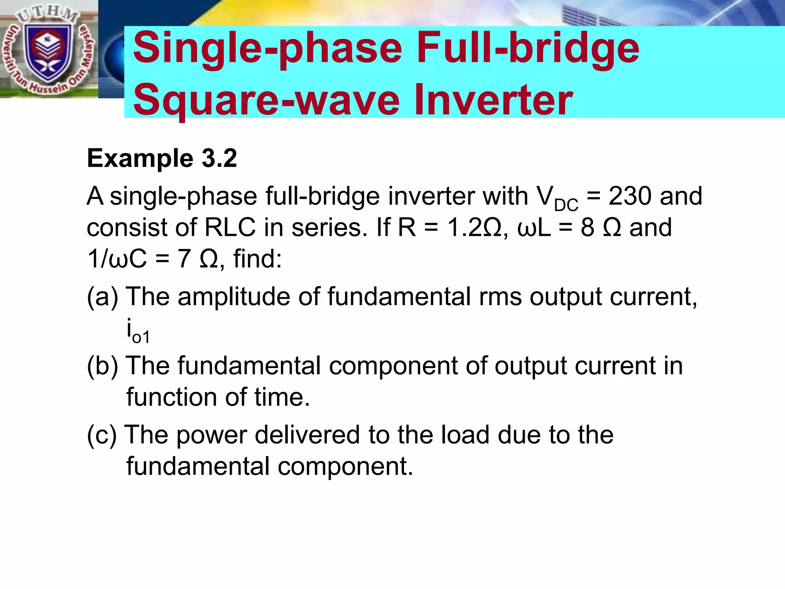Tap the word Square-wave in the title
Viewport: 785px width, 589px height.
pos(267,100)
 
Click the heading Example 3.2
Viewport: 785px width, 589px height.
pos(162,158)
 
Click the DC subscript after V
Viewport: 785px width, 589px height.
pos(566,206)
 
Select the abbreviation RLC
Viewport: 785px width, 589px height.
pos(230,227)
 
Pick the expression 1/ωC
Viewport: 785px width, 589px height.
pos(117,258)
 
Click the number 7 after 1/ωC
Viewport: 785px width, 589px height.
pos(184,258)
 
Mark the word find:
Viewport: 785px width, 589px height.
pos(258,258)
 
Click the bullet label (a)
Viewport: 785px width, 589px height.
pos(102,296)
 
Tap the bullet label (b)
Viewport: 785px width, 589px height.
pos(102,365)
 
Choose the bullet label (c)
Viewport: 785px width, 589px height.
pos(102,435)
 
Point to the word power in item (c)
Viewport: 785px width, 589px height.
pos(211,436)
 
